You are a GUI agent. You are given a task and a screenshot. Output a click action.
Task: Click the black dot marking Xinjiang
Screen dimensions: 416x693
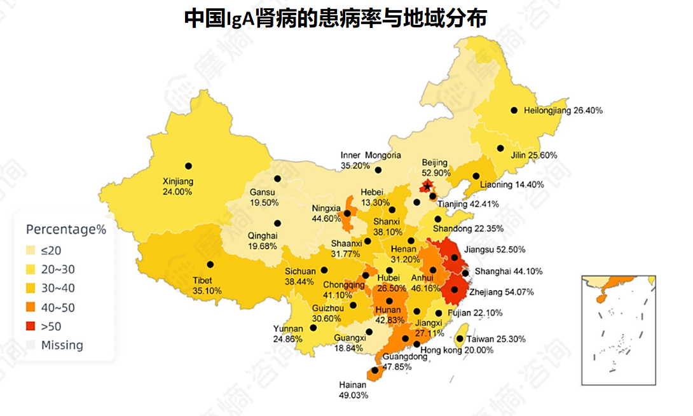point(188,166)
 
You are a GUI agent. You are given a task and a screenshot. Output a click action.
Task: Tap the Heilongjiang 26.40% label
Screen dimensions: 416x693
point(563,111)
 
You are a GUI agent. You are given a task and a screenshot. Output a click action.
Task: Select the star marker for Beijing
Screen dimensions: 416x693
point(427,186)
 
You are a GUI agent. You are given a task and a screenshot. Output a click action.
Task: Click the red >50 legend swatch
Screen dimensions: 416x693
point(31,326)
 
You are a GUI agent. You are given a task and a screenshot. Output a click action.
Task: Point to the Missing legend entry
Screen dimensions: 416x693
point(62,345)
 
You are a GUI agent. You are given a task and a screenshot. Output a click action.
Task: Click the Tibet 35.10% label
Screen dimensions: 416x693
point(207,286)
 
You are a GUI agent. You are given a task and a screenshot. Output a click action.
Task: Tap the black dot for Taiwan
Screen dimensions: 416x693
point(460,339)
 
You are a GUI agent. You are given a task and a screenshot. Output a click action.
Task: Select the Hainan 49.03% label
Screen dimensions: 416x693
point(353,390)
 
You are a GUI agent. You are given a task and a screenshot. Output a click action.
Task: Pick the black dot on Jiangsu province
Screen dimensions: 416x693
point(455,258)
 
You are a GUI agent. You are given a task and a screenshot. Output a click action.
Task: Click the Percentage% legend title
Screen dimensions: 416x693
point(65,229)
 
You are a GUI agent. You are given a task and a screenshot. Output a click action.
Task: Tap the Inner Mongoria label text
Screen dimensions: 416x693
point(371,156)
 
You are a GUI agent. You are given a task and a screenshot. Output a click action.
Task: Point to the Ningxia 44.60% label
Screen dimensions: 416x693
point(327,214)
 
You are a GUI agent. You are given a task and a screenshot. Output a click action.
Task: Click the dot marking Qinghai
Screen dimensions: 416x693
point(277,223)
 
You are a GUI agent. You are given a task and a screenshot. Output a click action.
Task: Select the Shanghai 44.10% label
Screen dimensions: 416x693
point(508,272)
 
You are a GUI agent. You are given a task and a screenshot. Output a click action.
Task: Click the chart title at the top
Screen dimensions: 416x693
point(336,17)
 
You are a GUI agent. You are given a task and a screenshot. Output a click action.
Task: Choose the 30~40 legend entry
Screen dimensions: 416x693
point(58,288)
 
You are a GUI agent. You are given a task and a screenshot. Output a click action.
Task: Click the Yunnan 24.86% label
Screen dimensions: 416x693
point(287,334)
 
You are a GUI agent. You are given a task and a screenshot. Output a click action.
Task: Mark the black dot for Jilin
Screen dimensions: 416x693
point(500,148)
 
